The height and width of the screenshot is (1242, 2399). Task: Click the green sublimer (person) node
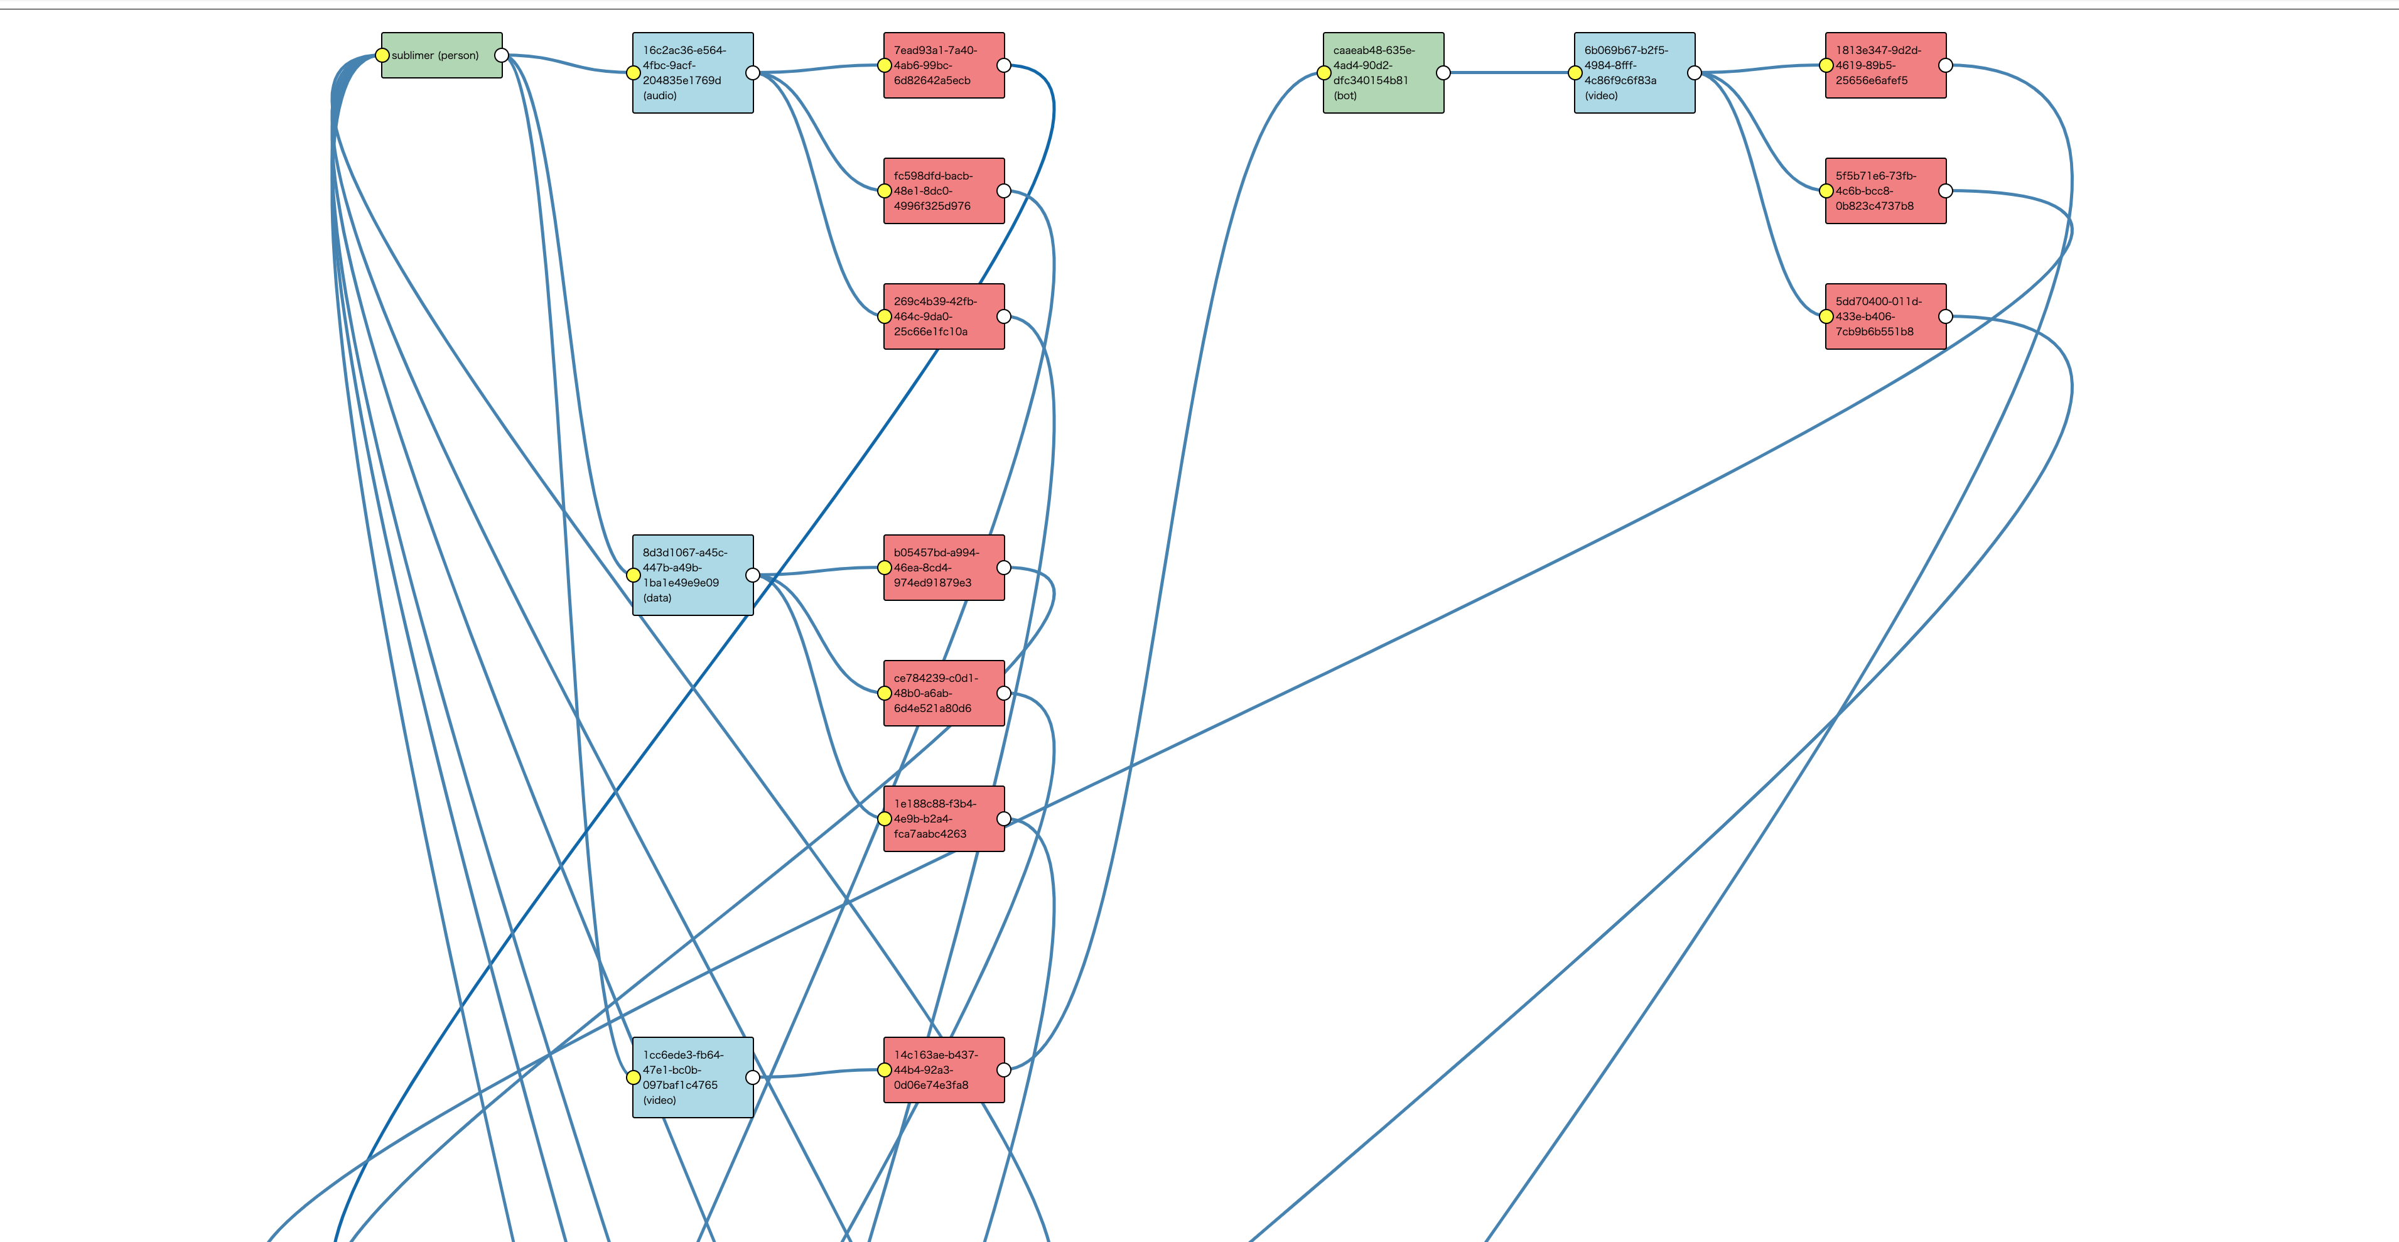[x=441, y=56]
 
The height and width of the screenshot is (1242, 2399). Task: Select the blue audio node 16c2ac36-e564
[x=693, y=73]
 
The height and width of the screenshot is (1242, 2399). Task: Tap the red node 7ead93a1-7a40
[x=944, y=65]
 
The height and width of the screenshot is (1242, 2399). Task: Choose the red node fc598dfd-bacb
[x=944, y=191]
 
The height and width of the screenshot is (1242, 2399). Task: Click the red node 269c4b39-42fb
[x=944, y=316]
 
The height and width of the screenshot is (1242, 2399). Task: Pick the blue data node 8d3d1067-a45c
[x=693, y=575]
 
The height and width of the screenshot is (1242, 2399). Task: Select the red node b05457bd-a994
[x=944, y=567]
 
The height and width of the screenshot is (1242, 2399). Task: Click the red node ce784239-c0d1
[x=944, y=693]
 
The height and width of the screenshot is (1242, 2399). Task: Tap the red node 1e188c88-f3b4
[x=944, y=818]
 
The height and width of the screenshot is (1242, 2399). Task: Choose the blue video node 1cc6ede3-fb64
[x=693, y=1077]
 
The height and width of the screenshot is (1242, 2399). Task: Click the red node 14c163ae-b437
[x=944, y=1070]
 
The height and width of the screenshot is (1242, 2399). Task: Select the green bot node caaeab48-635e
[x=1383, y=73]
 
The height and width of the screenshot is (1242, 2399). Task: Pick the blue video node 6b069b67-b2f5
[x=1634, y=73]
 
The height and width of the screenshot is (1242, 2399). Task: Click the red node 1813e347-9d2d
[x=1885, y=65]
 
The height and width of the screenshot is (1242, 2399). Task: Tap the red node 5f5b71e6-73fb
[x=1885, y=191]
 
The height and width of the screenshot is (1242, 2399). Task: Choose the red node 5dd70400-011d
[x=1885, y=316]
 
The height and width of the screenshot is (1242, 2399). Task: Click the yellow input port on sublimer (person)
[x=382, y=56]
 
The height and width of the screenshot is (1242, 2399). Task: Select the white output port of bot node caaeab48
[x=1443, y=73]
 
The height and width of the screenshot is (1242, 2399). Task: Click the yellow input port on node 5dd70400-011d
[x=1826, y=316]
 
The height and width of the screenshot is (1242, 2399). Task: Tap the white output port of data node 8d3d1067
[x=753, y=575]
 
